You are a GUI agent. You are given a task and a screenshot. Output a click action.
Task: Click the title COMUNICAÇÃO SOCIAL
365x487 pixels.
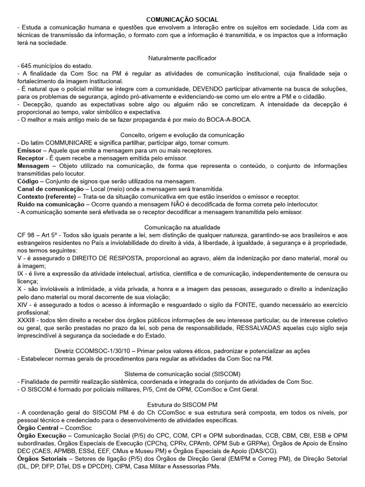[x=182, y=19]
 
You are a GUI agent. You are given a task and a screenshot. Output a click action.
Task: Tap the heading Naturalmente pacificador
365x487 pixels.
[x=182, y=58]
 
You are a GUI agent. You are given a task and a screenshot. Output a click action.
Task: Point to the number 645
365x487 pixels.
[x=26, y=66]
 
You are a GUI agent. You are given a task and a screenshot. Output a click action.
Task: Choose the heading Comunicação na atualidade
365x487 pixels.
[x=182, y=227]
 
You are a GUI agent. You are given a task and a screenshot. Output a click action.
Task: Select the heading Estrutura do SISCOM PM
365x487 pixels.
[x=182, y=405]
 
